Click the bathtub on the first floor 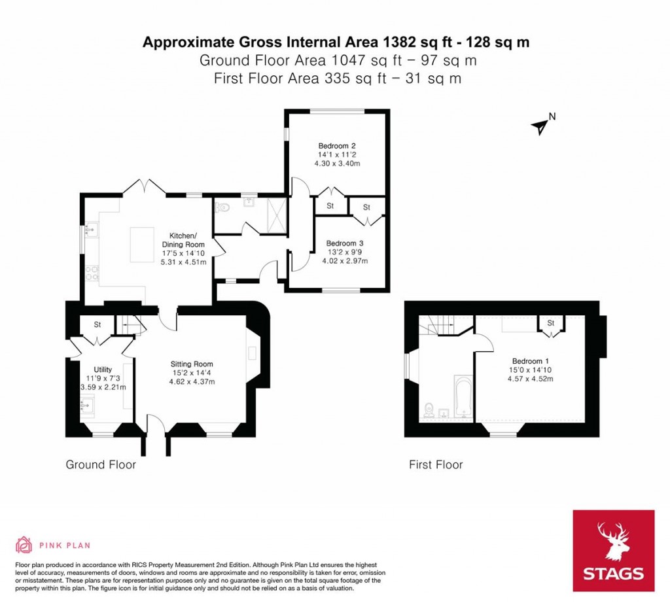pyautogui.click(x=463, y=396)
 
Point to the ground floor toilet pyautogui.click(x=223, y=207)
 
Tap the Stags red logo pyautogui.click(x=613, y=551)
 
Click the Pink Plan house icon pyautogui.click(x=24, y=544)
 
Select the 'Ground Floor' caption pyautogui.click(x=101, y=465)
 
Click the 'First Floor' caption pyautogui.click(x=435, y=465)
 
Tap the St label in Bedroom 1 pyautogui.click(x=550, y=323)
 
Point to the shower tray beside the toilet pyautogui.click(x=273, y=215)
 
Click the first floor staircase pyautogui.click(x=438, y=324)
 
